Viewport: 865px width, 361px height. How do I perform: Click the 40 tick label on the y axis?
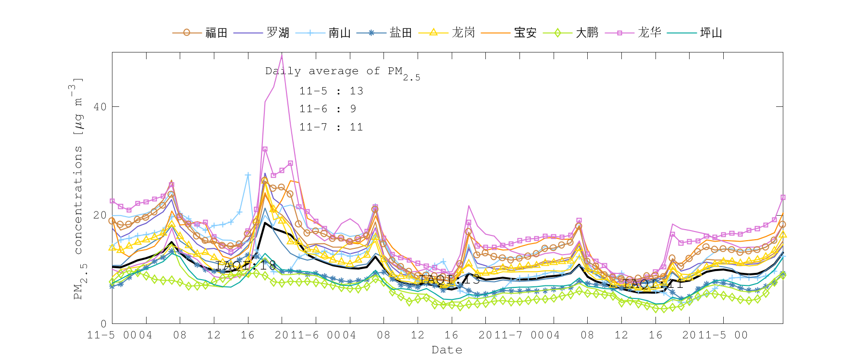pos(100,106)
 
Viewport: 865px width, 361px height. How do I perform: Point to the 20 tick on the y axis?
pos(100,215)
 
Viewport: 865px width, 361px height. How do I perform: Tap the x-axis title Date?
pos(447,350)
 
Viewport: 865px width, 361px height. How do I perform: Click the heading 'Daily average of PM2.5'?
pos(342,72)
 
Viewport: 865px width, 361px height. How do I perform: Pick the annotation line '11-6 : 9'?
pos(328,109)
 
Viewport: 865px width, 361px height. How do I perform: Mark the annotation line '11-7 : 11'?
pos(331,127)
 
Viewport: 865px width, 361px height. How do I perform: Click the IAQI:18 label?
pos(245,265)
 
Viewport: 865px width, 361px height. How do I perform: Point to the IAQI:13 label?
pos(449,280)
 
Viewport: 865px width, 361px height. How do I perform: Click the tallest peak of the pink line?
pos(282,55)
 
